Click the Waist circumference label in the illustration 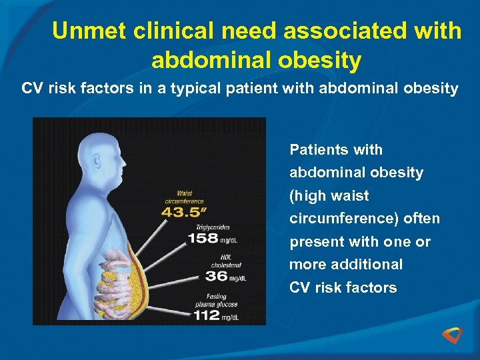coord(185,197)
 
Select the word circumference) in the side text coord(365,219)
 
